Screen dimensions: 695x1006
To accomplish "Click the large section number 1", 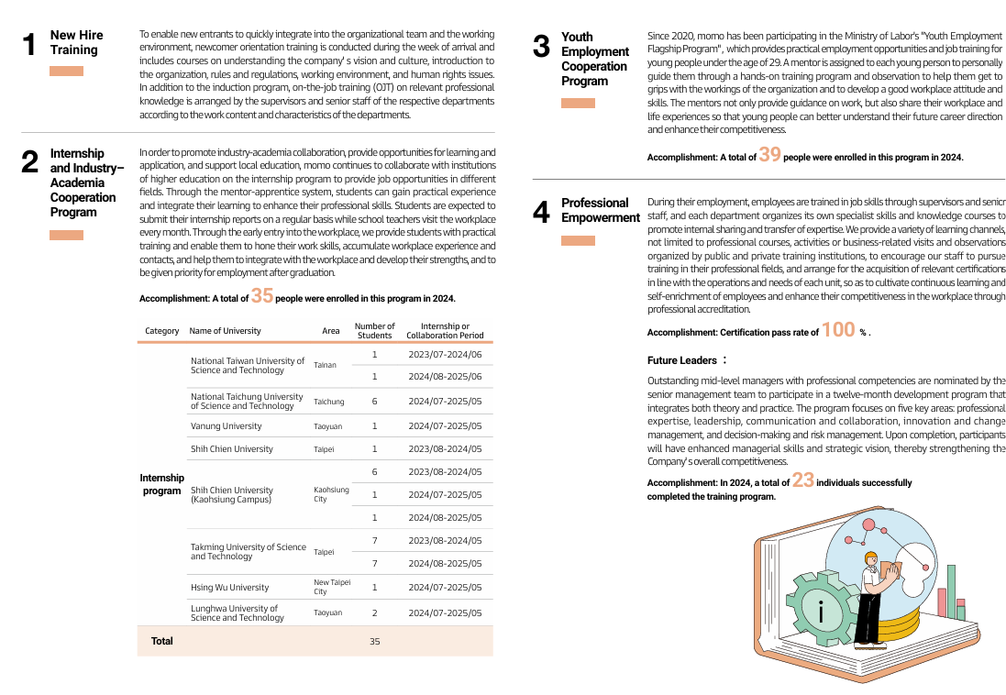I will [x=29, y=44].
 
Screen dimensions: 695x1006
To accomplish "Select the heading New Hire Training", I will [x=76, y=42].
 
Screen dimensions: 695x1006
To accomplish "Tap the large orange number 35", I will [x=262, y=295].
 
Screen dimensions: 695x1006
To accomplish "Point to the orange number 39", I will [x=769, y=155].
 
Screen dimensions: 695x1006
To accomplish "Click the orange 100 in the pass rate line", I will [x=838, y=330].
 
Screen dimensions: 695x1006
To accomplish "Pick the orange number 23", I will [x=802, y=480].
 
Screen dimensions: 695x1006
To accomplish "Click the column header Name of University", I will [x=225, y=331].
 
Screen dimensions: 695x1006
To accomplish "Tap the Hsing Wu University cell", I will [x=229, y=587].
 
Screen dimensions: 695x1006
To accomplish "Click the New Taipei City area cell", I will [x=331, y=587].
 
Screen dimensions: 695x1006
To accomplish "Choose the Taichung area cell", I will [x=328, y=402].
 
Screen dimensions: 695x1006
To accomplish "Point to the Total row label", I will [x=161, y=641].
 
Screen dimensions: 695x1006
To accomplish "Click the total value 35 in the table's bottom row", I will [x=374, y=642].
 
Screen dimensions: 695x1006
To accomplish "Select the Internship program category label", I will [x=161, y=484].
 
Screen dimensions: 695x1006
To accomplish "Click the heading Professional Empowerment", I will [x=600, y=210].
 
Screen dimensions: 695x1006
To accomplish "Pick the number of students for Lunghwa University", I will [x=374, y=612].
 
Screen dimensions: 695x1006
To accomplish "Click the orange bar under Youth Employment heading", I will [x=578, y=103].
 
